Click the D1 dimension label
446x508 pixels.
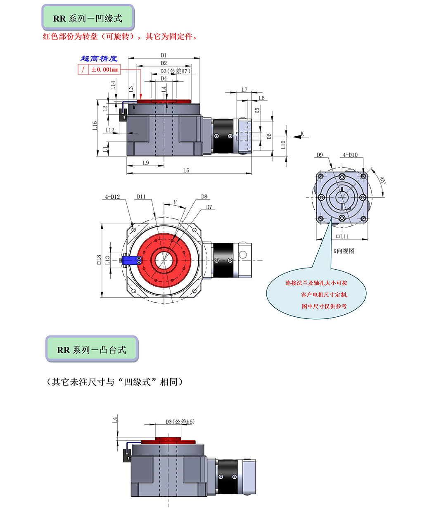tap(164, 55)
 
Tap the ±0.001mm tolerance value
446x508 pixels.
tap(105, 70)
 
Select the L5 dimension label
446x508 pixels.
tap(186, 170)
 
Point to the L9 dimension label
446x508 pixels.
tap(145, 163)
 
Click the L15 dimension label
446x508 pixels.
tap(95, 126)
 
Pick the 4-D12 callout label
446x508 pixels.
tap(112, 197)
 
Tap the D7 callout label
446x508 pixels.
tap(209, 207)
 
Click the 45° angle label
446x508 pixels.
tap(382, 180)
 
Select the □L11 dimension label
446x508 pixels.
tap(342, 236)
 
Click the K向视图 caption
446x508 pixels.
tap(344, 251)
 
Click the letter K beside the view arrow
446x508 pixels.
tap(302, 133)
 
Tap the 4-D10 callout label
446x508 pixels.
tap(350, 155)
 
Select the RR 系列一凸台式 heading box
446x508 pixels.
tap(92, 349)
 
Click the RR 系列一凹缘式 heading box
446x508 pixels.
tap(88, 19)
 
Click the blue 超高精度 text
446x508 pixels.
tap(99, 59)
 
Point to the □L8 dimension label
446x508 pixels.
tap(99, 259)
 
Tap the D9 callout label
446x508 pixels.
tap(320, 155)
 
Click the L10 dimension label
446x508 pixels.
tap(283, 145)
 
